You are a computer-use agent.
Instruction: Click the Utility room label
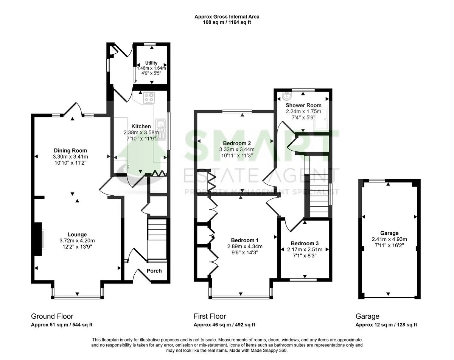(151, 63)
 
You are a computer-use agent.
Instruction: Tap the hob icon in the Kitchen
(149, 98)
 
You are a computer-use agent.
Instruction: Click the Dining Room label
(70, 150)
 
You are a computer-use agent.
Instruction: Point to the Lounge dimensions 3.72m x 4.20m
(77, 240)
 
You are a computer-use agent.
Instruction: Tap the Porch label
(154, 271)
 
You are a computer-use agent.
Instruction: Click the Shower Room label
(303, 105)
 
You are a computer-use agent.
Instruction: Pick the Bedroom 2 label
(237, 143)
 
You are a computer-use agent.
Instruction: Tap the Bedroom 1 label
(244, 240)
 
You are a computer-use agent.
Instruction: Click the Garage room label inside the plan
(389, 233)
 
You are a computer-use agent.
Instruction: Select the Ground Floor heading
(52, 316)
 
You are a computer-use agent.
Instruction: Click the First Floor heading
(210, 316)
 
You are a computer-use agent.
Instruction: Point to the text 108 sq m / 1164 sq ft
(227, 22)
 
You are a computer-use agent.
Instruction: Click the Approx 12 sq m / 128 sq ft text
(386, 325)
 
